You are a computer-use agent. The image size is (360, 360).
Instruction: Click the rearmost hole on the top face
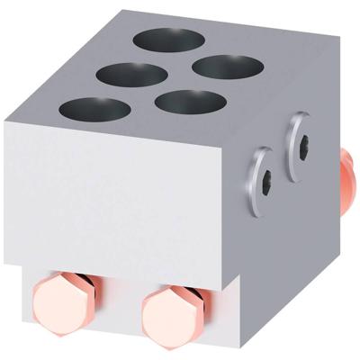[x=169, y=40]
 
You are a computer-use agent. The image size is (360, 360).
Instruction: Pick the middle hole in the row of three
[x=130, y=75]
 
